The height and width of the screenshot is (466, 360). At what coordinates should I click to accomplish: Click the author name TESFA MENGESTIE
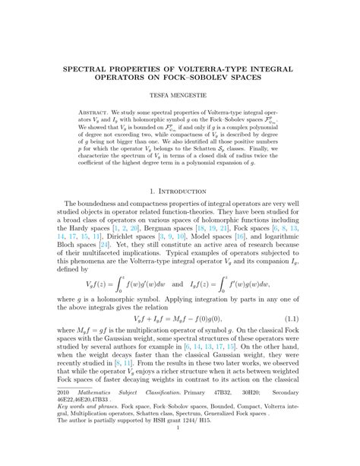click(180, 98)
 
